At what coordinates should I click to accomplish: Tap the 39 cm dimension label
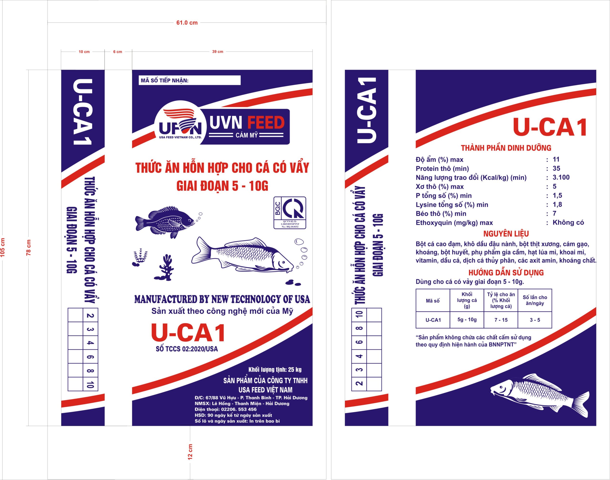(x=218, y=51)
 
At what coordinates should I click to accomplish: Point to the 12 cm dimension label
(x=190, y=452)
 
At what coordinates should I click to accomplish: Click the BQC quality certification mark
(x=290, y=212)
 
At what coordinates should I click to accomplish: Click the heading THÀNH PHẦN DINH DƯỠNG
(x=506, y=148)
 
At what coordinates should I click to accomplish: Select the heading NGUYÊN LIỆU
(x=506, y=234)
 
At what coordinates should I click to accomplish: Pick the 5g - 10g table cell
(x=467, y=320)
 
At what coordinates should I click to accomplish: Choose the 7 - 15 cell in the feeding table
(x=501, y=320)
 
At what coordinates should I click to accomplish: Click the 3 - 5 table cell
(x=535, y=320)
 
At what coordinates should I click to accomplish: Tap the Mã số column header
(x=433, y=301)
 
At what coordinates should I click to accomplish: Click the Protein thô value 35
(x=556, y=168)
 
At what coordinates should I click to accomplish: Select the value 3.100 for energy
(x=561, y=177)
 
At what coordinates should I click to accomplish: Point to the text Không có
(x=568, y=223)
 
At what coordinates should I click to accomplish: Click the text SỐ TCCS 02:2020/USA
(x=187, y=349)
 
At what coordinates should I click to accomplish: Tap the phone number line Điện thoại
(x=226, y=409)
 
